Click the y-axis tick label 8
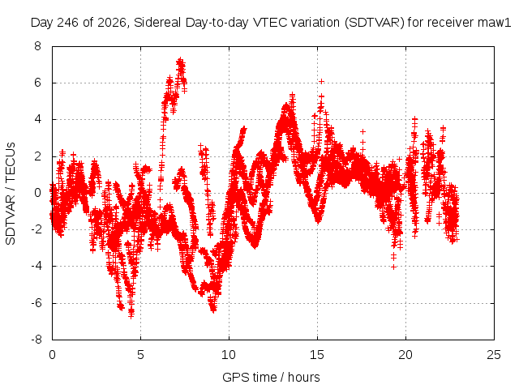(x=38, y=46)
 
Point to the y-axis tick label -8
(x=36, y=340)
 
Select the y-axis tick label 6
(x=38, y=83)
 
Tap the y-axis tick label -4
(x=36, y=267)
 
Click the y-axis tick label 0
(x=38, y=193)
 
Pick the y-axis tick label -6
(x=36, y=303)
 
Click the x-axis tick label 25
(x=494, y=355)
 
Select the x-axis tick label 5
(x=140, y=355)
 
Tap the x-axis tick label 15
(x=317, y=355)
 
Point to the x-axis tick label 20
(x=405, y=355)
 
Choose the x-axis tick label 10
(x=229, y=355)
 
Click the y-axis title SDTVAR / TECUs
(x=11, y=194)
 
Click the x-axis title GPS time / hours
(x=271, y=377)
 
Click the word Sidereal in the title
(x=157, y=23)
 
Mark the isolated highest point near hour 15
(x=321, y=81)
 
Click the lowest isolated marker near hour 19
(x=393, y=267)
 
